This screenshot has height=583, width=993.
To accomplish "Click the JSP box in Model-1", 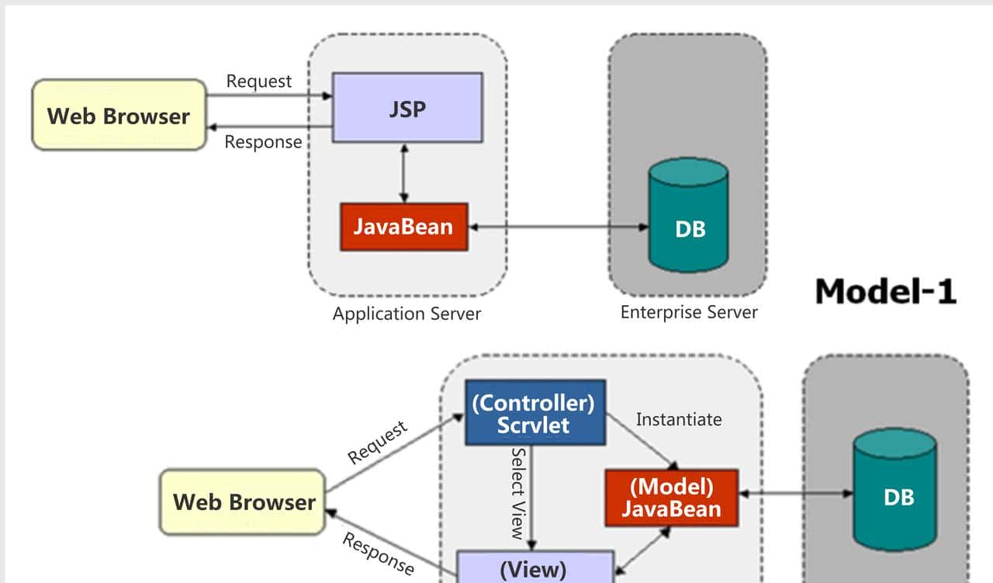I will click(407, 107).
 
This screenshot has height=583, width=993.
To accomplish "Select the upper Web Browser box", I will click(119, 115).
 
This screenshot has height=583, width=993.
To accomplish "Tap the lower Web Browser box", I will click(242, 501).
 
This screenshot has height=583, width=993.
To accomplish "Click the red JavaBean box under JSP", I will click(403, 227).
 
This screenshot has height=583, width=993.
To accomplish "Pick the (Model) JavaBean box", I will click(671, 498).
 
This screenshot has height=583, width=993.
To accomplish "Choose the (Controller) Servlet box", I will click(535, 412).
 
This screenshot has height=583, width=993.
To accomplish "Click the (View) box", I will click(535, 567).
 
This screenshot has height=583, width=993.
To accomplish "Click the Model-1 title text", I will click(885, 291).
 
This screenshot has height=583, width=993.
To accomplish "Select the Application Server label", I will click(407, 314).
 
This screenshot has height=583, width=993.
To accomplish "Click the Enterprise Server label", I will click(689, 312).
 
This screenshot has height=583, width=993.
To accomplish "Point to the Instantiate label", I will click(679, 419).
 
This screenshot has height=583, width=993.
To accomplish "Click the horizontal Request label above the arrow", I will click(259, 81).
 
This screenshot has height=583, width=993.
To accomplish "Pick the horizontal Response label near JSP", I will click(263, 142).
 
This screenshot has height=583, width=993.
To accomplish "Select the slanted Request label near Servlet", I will click(378, 442).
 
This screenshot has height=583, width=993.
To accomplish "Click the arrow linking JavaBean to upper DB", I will click(559, 227).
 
